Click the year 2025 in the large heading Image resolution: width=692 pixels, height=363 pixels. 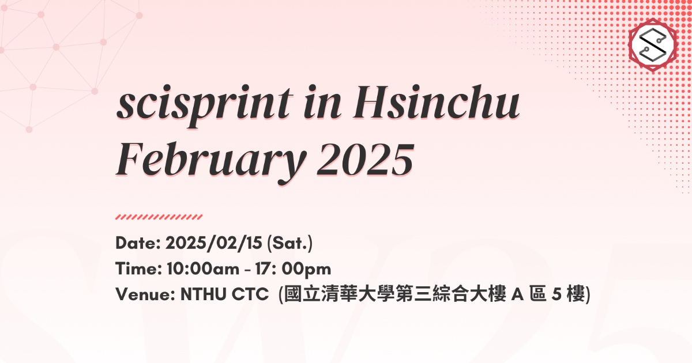pos(366,160)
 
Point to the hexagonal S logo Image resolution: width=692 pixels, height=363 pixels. pos(653,45)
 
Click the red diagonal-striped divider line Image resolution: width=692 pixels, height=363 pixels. pos(159,217)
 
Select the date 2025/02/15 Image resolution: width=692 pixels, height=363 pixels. pos(214,243)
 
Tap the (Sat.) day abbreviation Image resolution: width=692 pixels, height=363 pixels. pos(289,243)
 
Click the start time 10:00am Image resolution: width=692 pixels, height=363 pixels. pos(203,269)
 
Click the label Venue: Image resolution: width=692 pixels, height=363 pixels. pos(145,294)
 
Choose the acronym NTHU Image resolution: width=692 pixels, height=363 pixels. pos(204,294)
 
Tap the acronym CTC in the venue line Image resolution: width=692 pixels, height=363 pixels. pos(250,294)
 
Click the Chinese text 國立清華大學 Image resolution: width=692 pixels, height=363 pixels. pos(340,294)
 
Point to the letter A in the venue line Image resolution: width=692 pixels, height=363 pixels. pos(517,294)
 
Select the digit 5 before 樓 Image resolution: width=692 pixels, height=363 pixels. pos(556,294)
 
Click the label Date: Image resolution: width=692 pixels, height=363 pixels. pos(138,243)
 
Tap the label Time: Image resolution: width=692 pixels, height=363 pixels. pos(139,269)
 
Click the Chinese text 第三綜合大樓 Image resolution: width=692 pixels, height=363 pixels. pos(451,294)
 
